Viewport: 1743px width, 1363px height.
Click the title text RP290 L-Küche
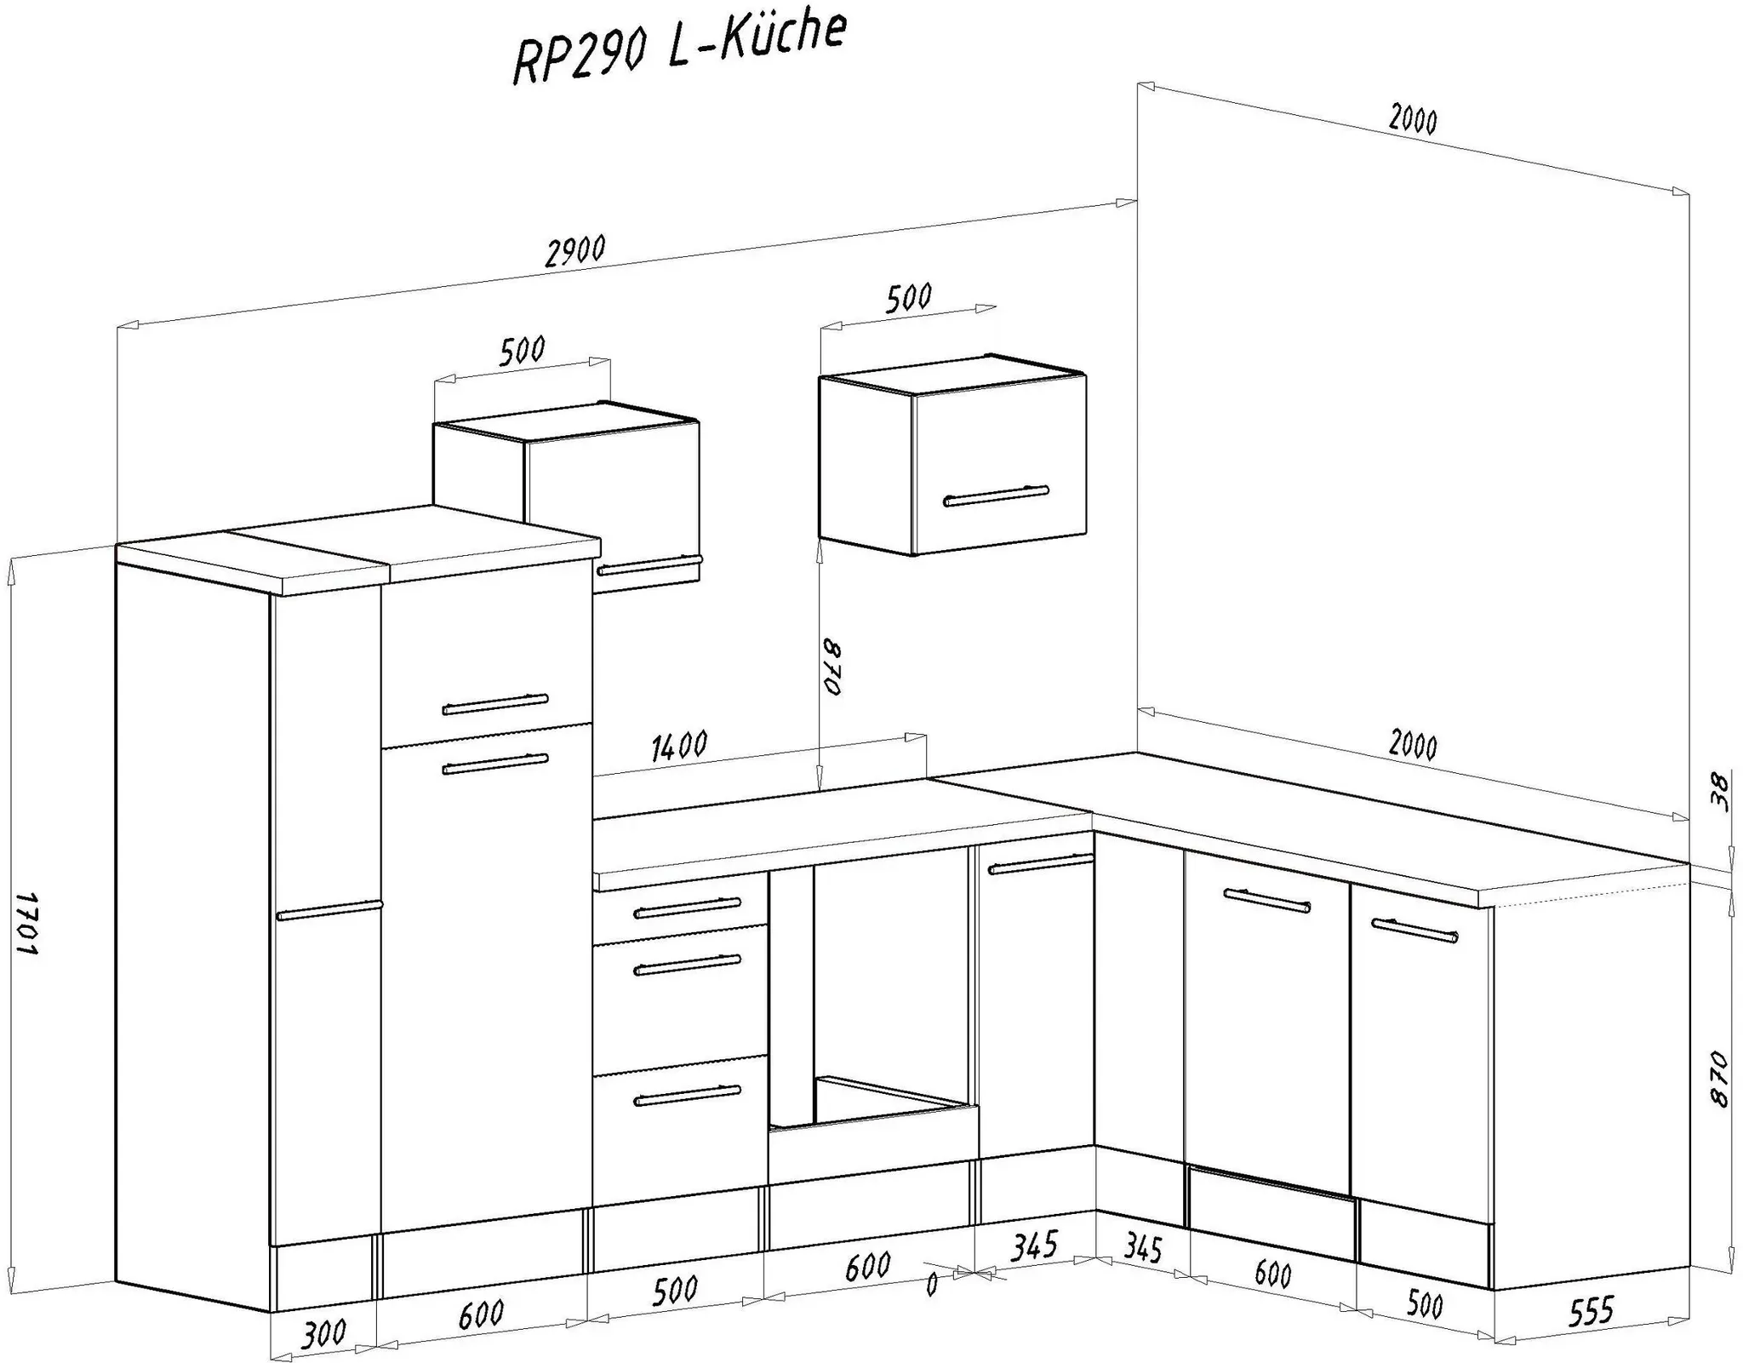click(x=679, y=49)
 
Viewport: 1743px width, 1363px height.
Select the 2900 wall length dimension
click(x=575, y=251)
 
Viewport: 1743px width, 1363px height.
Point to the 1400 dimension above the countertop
click(x=679, y=745)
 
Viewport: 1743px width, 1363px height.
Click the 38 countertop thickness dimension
click(x=1719, y=792)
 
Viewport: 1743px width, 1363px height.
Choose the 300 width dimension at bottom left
click(x=323, y=1332)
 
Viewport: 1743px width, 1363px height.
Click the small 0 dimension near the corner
click(x=931, y=1284)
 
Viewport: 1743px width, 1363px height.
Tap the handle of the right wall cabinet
click(x=996, y=495)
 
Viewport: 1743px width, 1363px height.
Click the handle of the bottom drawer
click(x=688, y=1096)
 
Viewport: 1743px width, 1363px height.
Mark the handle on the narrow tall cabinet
click(x=329, y=909)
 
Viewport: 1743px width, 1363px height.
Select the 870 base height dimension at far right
click(x=1718, y=1079)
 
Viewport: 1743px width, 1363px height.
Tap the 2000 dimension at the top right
click(x=1413, y=119)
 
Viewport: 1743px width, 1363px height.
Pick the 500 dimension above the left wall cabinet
click(x=522, y=350)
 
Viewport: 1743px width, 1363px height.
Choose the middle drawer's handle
click(x=688, y=965)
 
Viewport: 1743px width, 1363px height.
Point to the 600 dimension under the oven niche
click(x=868, y=1266)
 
